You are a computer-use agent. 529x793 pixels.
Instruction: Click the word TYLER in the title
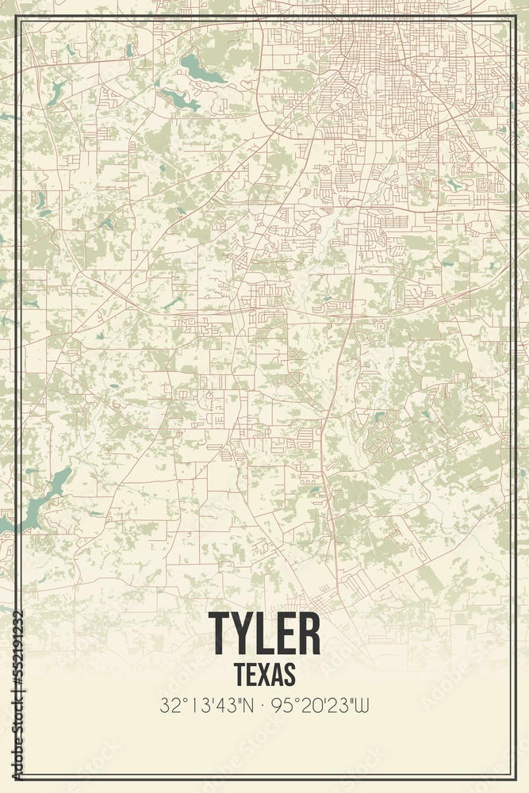pos(265,634)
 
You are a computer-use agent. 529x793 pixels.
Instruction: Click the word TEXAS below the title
pos(265,674)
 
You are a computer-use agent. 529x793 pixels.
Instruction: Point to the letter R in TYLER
pos(308,634)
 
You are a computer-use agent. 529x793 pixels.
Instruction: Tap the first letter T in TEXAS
pos(240,674)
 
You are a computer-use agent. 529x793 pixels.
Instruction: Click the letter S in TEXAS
pos(290,674)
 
